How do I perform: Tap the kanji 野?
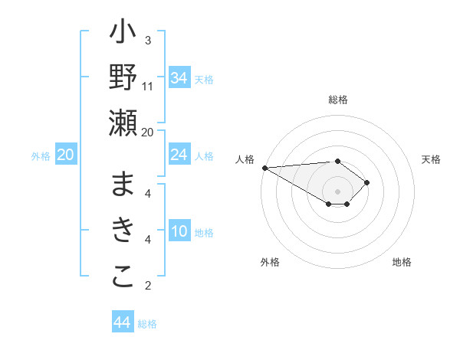[123, 79]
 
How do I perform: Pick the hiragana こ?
[123, 277]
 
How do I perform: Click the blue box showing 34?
[179, 77]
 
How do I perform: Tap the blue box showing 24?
[179, 155]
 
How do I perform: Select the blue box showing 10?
[179, 232]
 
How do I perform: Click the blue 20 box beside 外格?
[66, 155]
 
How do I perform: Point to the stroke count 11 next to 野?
[148, 86]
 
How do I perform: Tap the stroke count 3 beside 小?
[148, 41]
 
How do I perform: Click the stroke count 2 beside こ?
[148, 286]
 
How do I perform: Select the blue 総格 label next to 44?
[147, 324]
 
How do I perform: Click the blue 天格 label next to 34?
[204, 79]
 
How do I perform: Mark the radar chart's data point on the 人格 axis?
[264, 168]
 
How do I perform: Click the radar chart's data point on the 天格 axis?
[367, 182]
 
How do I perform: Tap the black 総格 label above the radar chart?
[338, 100]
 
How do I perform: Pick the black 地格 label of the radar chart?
[402, 263]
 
